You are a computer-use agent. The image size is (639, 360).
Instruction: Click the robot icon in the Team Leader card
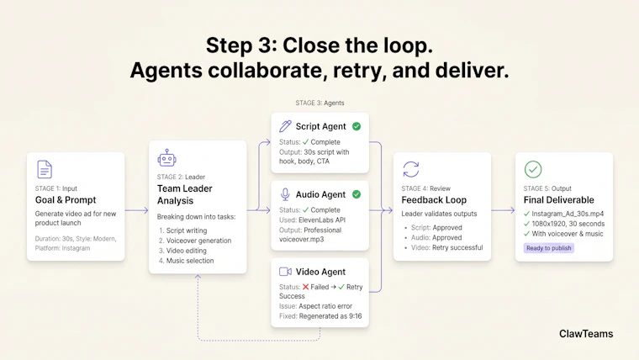click(166, 158)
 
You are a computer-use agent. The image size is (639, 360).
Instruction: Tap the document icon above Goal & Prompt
click(45, 169)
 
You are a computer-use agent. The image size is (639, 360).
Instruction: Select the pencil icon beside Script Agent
click(285, 126)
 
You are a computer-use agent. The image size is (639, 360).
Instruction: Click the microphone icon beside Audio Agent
click(285, 194)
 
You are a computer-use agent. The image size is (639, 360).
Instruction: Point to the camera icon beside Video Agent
click(285, 272)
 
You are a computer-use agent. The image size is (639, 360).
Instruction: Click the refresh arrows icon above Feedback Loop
click(411, 169)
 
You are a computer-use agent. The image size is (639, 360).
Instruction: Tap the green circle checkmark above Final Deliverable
click(533, 169)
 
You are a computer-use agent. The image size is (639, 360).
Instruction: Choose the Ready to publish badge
click(548, 248)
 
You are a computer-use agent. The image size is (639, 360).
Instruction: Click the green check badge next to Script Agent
click(356, 126)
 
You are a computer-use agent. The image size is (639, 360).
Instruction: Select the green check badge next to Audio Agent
click(356, 194)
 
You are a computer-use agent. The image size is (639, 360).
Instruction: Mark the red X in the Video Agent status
click(306, 287)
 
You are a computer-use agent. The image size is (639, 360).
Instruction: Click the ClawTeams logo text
click(586, 334)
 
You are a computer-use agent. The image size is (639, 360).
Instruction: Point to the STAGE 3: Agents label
click(319, 103)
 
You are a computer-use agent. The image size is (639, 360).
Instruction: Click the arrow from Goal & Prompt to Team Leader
click(136, 210)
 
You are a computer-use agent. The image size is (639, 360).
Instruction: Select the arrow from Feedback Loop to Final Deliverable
click(504, 210)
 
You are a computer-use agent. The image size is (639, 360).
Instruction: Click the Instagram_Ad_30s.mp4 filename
click(568, 214)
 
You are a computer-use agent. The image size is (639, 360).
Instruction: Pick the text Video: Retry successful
click(446, 247)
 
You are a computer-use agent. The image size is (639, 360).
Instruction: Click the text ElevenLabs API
click(322, 220)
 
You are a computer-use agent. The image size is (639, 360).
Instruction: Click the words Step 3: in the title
click(241, 45)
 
